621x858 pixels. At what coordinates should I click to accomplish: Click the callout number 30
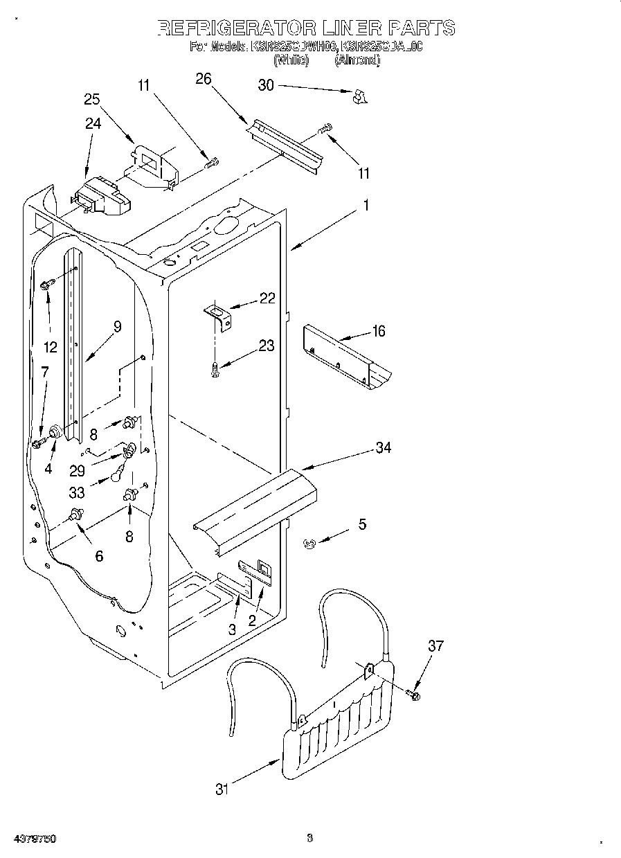tap(266, 85)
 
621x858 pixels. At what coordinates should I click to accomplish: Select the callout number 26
tap(203, 78)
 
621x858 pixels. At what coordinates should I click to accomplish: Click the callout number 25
tap(92, 99)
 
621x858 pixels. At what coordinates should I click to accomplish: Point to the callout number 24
tap(93, 123)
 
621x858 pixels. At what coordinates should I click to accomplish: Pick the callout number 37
tap(435, 646)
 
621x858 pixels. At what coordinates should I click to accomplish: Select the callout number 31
tap(222, 789)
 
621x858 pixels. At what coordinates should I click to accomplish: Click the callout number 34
tap(383, 448)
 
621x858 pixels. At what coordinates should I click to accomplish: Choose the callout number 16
tap(378, 331)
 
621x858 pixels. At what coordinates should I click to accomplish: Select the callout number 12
tap(50, 346)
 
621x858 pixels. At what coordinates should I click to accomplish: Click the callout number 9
tap(117, 327)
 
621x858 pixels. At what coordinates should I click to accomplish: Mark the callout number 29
tap(77, 470)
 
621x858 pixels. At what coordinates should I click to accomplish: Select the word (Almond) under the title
tap(357, 60)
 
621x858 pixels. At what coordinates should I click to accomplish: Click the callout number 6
tap(99, 555)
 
